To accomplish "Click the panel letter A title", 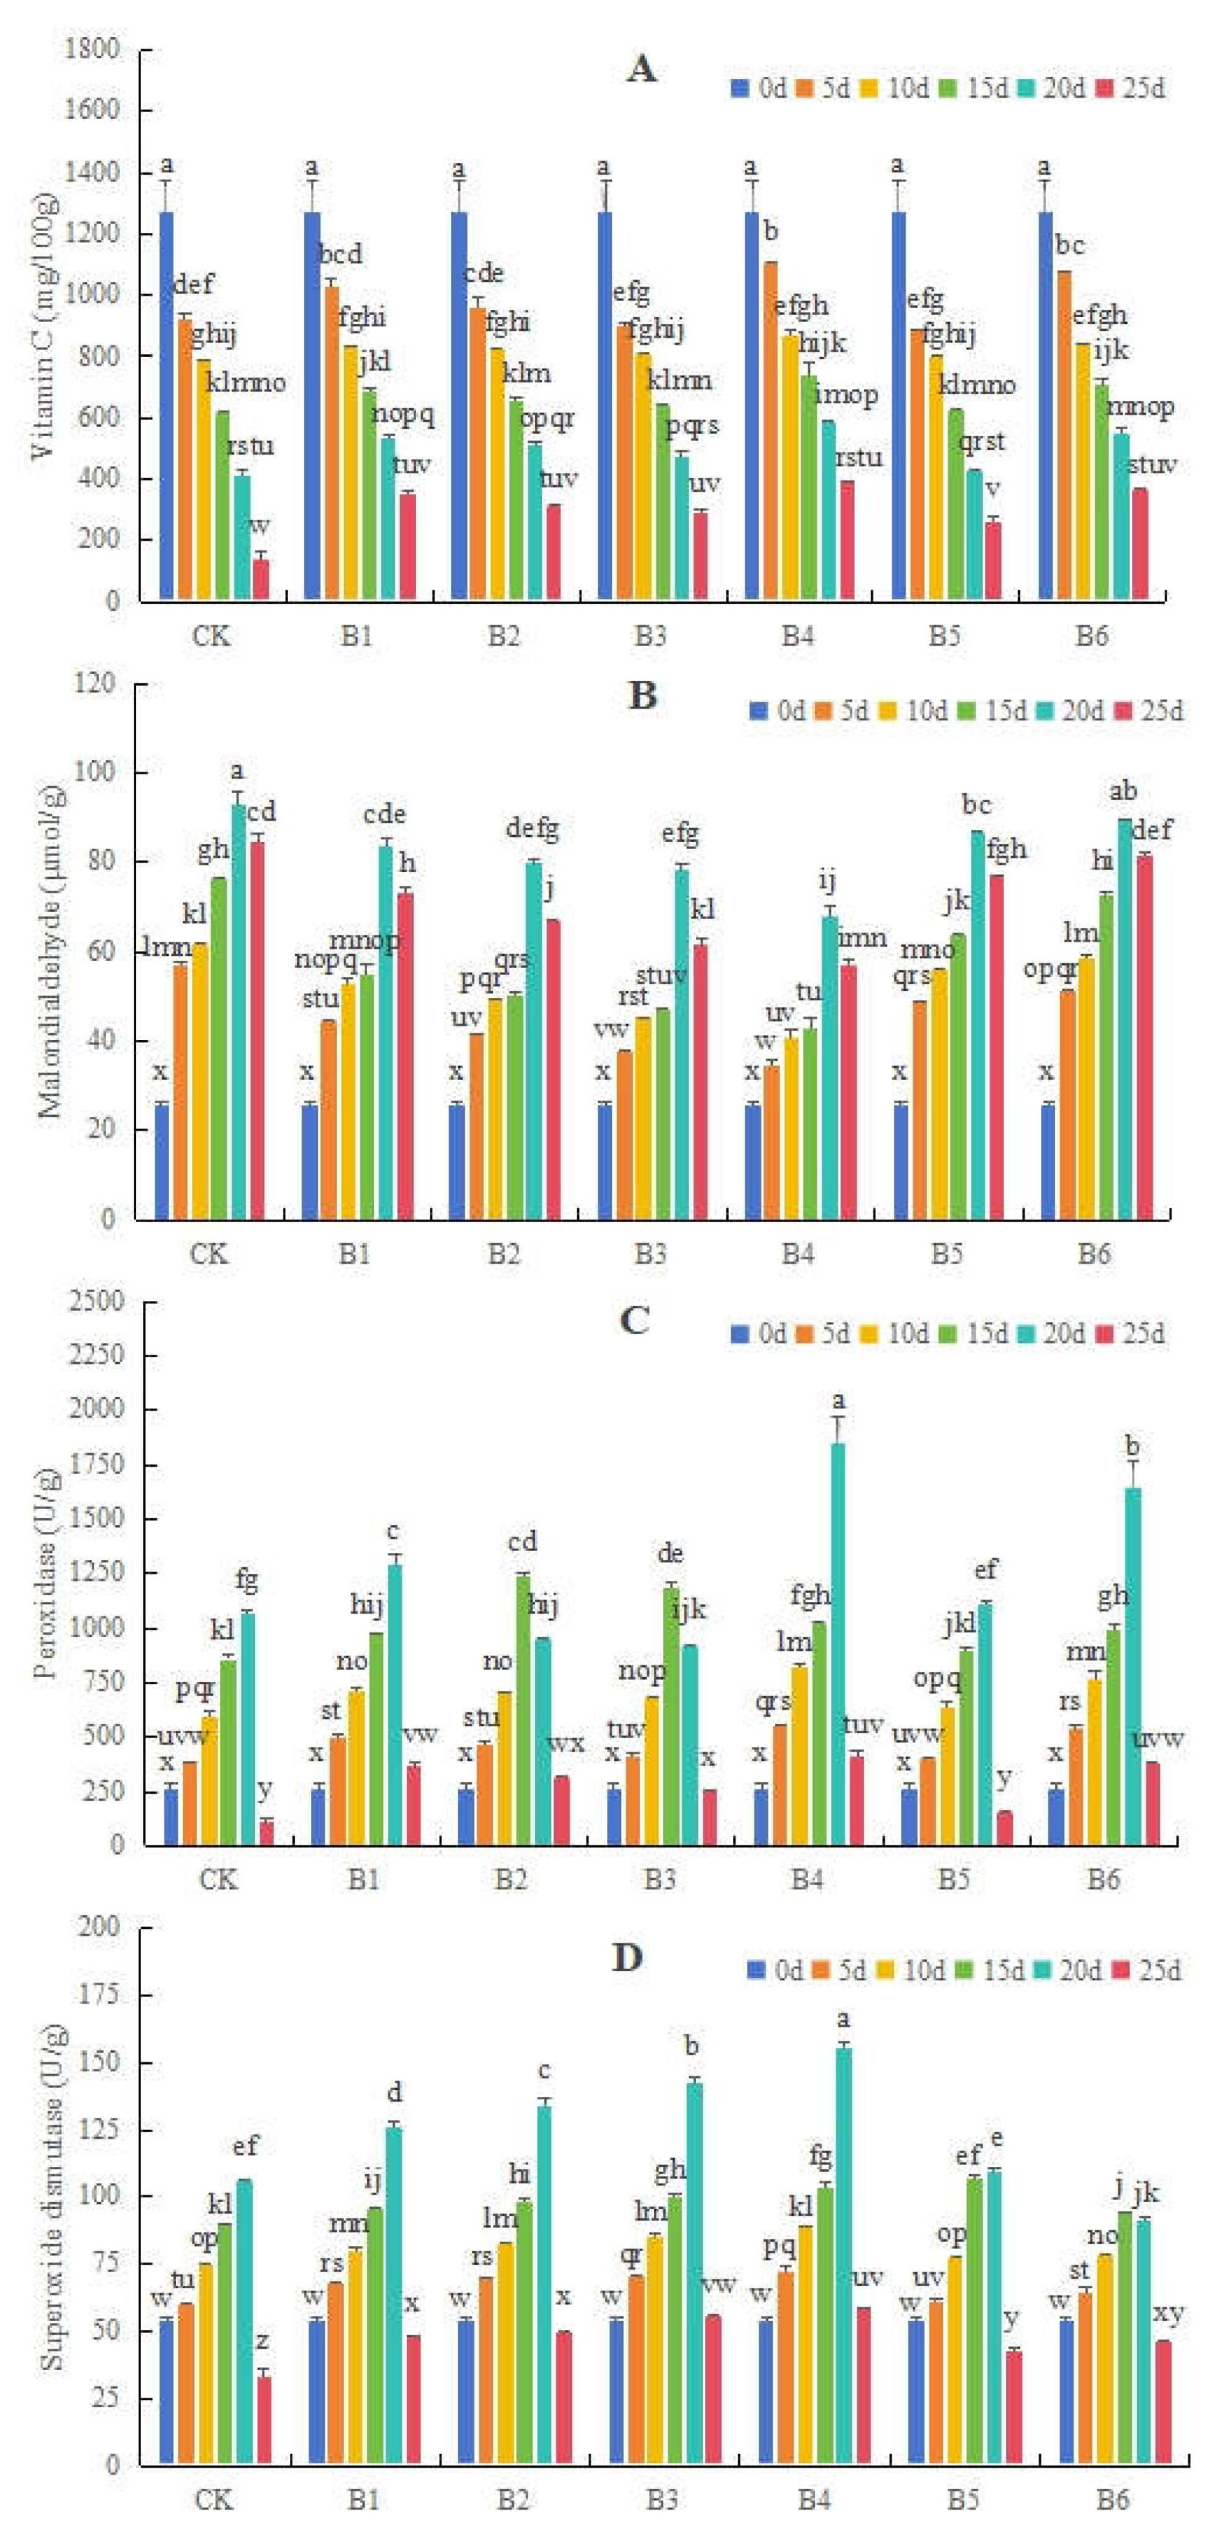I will pyautogui.click(x=641, y=71).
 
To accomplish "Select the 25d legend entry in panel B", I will pyautogui.click(x=1150, y=711).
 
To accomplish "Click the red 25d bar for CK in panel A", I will pyautogui.click(x=261, y=579).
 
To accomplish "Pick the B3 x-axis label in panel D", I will pyautogui.click(x=661, y=2499).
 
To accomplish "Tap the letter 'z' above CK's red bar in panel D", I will pyautogui.click(x=263, y=2341).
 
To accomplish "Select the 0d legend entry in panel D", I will pyautogui.click(x=776, y=1971).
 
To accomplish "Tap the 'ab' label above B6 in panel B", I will pyautogui.click(x=1124, y=790).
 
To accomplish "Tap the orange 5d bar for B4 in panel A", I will pyautogui.click(x=770, y=431).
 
